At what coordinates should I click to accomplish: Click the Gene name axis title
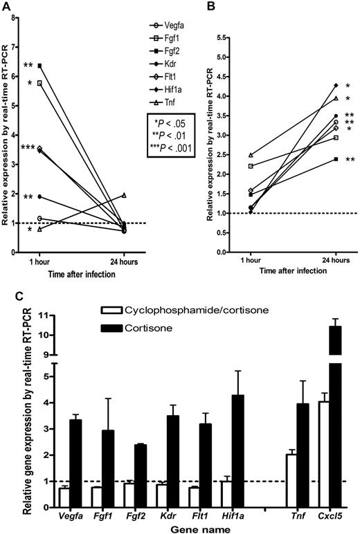186,528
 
